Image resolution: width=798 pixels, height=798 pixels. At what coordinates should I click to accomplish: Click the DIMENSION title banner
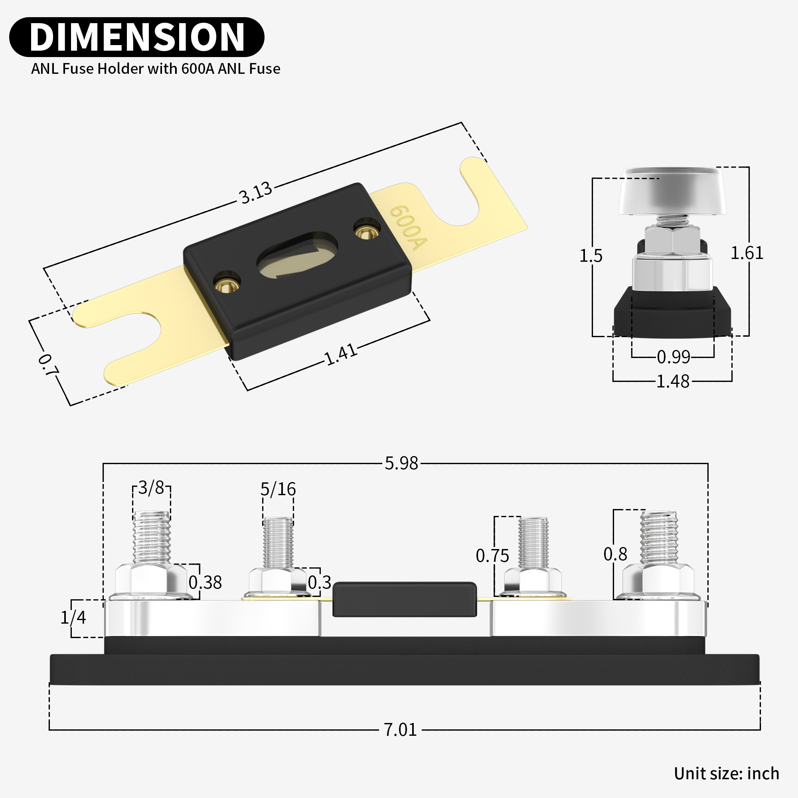[x=136, y=37]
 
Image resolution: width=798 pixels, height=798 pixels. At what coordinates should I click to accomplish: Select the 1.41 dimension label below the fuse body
[x=341, y=354]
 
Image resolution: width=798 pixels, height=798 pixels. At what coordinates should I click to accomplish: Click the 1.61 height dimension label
[x=747, y=253]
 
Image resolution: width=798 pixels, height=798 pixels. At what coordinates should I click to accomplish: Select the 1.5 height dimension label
[x=591, y=256]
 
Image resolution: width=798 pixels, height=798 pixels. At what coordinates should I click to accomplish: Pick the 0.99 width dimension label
[x=673, y=357]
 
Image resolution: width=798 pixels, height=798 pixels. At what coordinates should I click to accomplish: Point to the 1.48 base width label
[x=673, y=381]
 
